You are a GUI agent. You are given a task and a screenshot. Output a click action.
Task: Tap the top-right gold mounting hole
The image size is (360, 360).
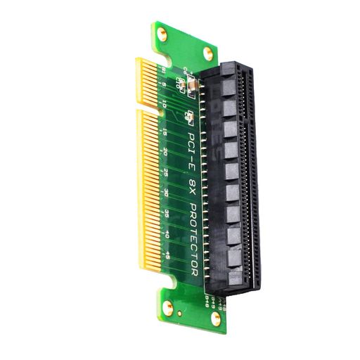(x=209, y=52)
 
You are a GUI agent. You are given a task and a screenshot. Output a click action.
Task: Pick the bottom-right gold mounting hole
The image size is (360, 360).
(x=217, y=319)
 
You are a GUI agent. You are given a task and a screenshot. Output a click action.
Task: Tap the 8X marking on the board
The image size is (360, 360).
(x=195, y=179)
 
